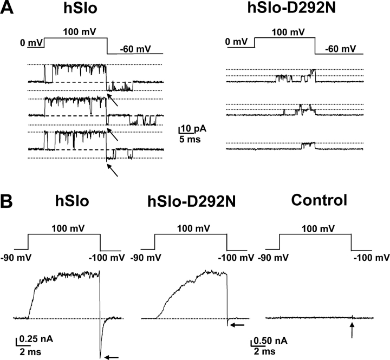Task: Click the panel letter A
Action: (x=6, y=8)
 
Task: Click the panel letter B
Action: (x=6, y=201)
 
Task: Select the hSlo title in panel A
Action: (x=80, y=8)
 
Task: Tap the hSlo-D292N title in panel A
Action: (x=291, y=8)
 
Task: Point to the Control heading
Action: (x=319, y=200)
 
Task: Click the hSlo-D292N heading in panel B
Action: (x=192, y=201)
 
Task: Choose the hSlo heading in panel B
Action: (x=72, y=201)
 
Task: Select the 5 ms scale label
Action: (x=190, y=139)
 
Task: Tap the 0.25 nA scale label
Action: (x=36, y=339)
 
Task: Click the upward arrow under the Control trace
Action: (x=352, y=330)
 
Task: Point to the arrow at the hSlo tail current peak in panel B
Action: (x=111, y=357)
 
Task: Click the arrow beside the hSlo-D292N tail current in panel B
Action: (x=237, y=324)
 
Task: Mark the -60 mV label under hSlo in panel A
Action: (x=135, y=49)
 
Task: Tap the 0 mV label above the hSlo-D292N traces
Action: (x=236, y=41)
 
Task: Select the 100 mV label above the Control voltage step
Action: (x=318, y=228)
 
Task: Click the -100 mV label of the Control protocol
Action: (x=372, y=258)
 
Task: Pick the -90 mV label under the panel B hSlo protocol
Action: (x=16, y=258)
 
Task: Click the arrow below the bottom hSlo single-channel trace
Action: (x=112, y=170)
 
